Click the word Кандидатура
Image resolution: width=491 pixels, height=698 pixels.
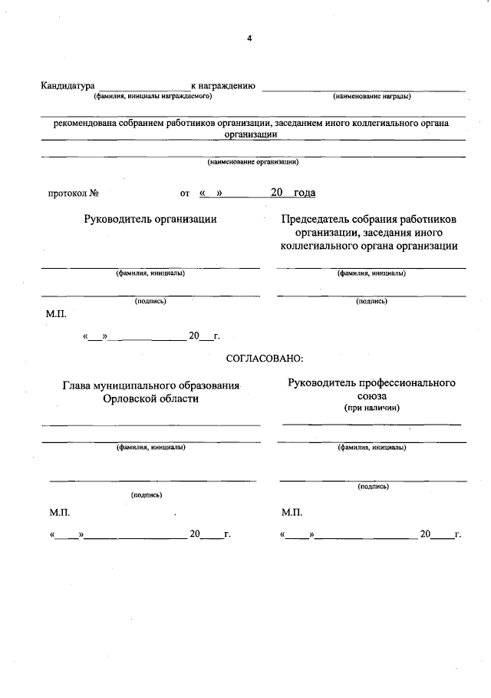pyautogui.click(x=68, y=86)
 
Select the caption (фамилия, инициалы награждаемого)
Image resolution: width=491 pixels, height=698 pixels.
pyautogui.click(x=153, y=97)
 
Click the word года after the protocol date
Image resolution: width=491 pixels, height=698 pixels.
pyautogui.click(x=305, y=193)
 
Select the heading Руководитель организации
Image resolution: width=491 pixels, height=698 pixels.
pyautogui.click(x=150, y=219)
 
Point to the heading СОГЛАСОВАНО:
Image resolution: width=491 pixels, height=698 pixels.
pyautogui.click(x=264, y=358)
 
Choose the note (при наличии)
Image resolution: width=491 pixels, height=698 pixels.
pyautogui.click(x=371, y=408)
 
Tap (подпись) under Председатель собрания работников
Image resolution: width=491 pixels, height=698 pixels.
pyautogui.click(x=371, y=301)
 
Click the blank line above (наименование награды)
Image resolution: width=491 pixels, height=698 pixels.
pyautogui.click(x=364, y=91)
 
